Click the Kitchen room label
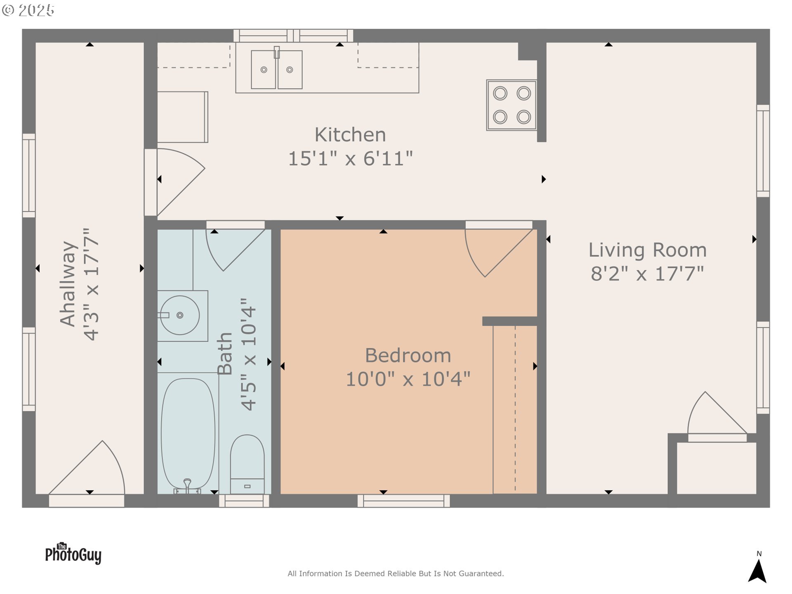point(350,135)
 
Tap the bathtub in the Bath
point(188,433)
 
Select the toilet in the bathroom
point(247,464)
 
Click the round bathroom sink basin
point(180,315)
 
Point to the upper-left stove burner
point(500,94)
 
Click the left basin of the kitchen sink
point(264,70)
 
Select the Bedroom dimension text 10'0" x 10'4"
point(408,379)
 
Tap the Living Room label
point(647,250)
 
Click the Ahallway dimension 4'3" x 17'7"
point(92,284)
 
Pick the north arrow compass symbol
point(757,571)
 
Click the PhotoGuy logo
point(73,554)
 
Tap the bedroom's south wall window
point(403,501)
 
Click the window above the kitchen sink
point(293,36)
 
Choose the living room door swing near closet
point(714,415)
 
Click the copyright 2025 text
point(28,10)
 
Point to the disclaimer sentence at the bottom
point(396,573)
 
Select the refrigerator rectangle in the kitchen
point(182,117)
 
